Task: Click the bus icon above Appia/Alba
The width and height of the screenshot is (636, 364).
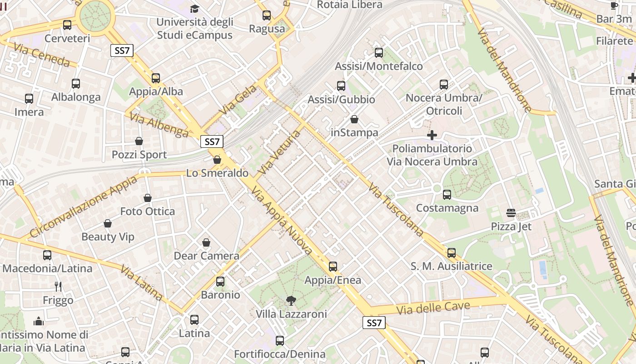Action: (x=156, y=78)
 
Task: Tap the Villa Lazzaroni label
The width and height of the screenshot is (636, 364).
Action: (x=291, y=314)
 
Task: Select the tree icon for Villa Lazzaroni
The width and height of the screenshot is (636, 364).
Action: (x=291, y=300)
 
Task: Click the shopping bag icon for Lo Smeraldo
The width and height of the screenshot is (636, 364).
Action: (x=217, y=160)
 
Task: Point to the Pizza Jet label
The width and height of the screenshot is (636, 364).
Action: (x=511, y=227)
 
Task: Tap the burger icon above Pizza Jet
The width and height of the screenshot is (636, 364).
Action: (x=511, y=213)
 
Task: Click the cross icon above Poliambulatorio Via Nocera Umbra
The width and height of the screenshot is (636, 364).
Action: (x=432, y=135)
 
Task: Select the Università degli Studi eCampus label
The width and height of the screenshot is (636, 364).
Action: (x=194, y=28)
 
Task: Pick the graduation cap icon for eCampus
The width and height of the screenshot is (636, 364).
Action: (x=194, y=9)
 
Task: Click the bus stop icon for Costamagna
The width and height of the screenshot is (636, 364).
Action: (x=447, y=195)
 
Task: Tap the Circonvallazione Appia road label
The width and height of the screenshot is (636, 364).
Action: (x=84, y=207)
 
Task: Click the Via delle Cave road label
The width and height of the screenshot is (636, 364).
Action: (x=433, y=308)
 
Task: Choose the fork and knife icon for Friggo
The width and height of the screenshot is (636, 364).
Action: (x=58, y=286)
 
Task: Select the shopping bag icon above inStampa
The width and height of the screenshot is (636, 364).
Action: (x=354, y=119)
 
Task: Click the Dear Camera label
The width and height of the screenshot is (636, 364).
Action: (x=207, y=256)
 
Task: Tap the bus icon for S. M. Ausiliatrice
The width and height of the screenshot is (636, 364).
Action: (x=451, y=253)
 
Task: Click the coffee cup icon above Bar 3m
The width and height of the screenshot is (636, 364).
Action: (x=614, y=5)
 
